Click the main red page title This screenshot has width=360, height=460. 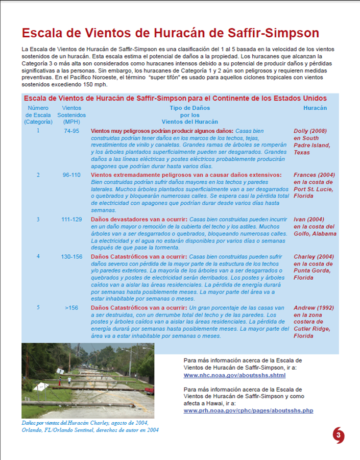[171, 34]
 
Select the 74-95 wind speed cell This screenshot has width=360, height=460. [71, 131]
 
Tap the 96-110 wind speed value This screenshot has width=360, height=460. [71, 175]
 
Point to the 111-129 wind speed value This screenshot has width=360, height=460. [71, 220]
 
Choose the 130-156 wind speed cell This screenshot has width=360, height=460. [71, 256]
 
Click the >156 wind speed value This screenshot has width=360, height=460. [71, 308]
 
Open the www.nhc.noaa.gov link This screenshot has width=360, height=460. [234, 375]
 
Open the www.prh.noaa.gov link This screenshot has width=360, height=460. [248, 410]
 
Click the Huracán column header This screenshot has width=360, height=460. [315, 108]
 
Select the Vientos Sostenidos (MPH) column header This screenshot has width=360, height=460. [71, 115]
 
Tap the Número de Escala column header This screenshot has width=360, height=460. [38, 115]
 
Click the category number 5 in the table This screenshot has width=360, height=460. [38, 307]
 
